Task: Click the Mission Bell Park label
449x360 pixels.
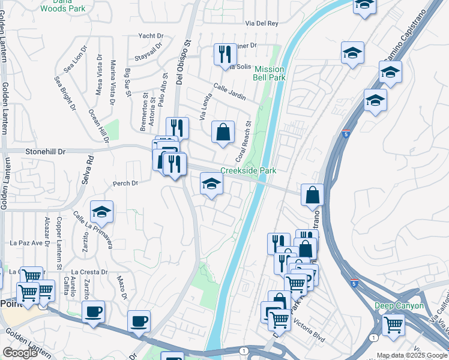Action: tap(269, 74)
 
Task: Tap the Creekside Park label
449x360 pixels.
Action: tap(248, 171)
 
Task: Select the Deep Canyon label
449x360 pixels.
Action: tap(399, 306)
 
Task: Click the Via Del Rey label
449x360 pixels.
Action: tap(262, 23)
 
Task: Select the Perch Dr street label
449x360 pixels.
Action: tap(125, 183)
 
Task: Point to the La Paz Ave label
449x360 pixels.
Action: tap(29, 243)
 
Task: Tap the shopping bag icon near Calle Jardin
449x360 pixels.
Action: tap(223, 131)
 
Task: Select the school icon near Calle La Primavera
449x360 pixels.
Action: tap(102, 211)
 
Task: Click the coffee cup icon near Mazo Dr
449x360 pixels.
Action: tap(93, 312)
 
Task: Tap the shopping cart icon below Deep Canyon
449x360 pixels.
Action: tap(393, 325)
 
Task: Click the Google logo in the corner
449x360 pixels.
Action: tap(20, 353)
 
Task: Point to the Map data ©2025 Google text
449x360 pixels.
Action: tap(412, 355)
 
